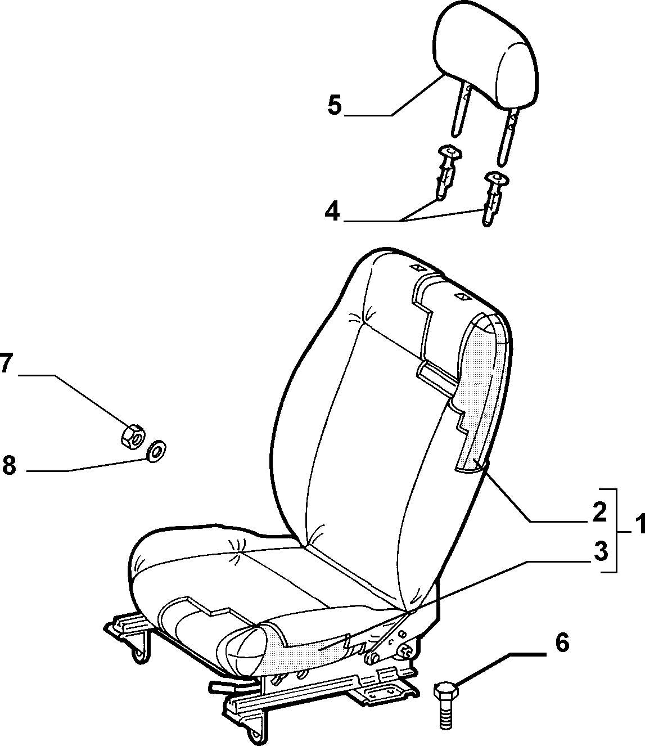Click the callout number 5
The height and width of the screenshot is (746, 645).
(335, 105)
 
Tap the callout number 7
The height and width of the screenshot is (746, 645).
(6, 363)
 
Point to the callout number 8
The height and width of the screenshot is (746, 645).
(9, 466)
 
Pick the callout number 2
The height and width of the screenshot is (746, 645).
(599, 512)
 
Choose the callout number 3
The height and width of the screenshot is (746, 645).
(601, 551)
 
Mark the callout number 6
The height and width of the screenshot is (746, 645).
(562, 643)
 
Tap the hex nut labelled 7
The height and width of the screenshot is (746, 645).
(132, 437)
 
